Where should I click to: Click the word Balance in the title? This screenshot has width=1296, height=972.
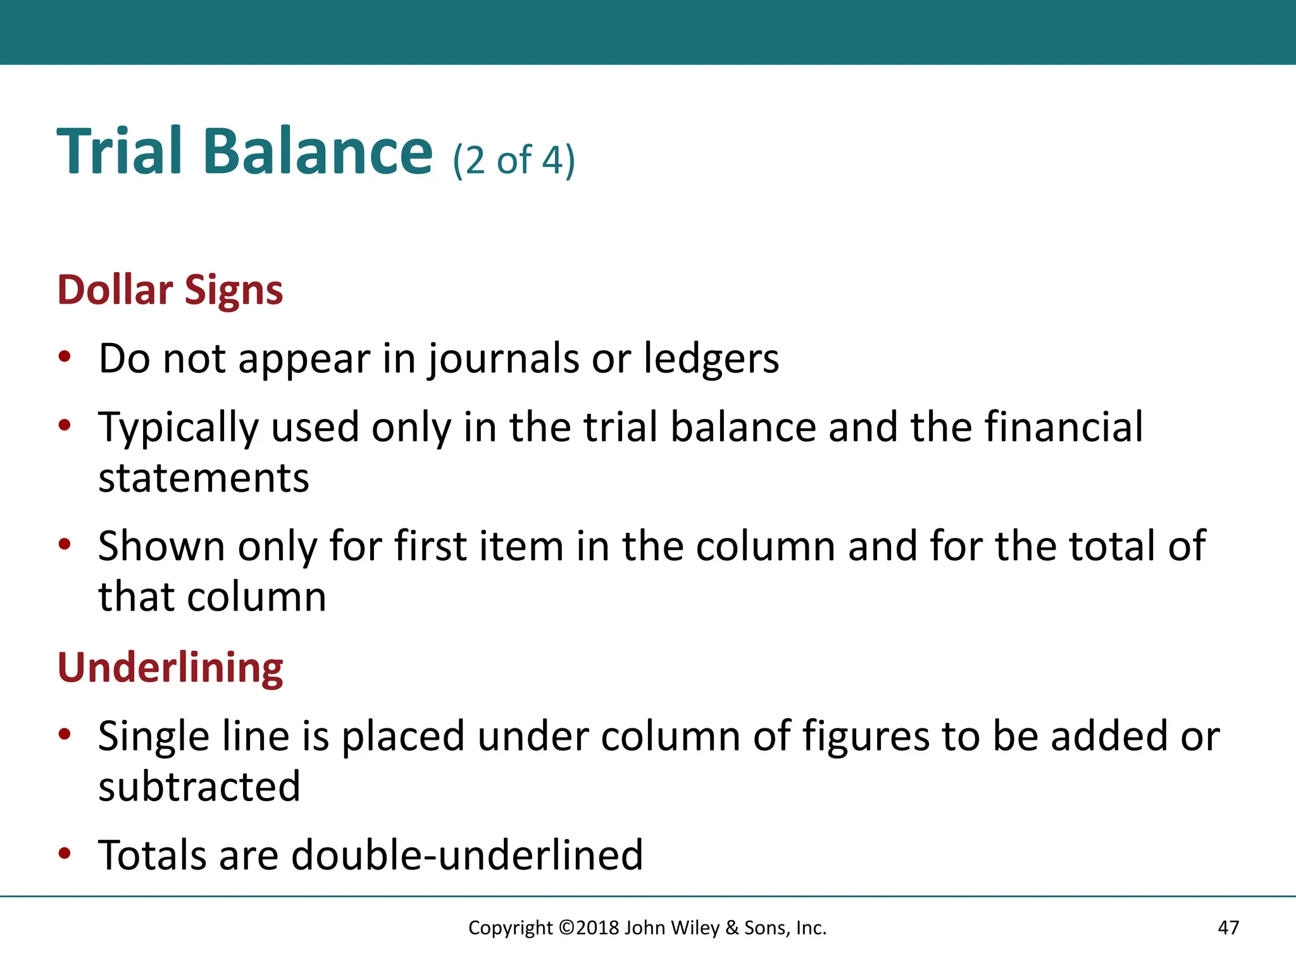(318, 152)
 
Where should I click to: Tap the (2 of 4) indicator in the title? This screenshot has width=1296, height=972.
(514, 160)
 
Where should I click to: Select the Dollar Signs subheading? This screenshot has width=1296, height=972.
(170, 290)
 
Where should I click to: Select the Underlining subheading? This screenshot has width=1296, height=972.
(170, 668)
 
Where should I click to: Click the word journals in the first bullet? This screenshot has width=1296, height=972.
(503, 360)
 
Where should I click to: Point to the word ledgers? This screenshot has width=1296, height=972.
(711, 359)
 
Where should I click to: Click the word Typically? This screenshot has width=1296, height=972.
(178, 428)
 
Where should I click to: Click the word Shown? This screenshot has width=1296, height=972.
(161, 546)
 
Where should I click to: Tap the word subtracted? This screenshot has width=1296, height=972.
(199, 787)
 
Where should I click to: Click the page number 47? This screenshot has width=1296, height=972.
(1228, 928)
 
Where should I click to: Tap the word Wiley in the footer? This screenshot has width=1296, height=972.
(695, 928)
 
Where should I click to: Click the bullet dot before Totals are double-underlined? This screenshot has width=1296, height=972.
(64, 854)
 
